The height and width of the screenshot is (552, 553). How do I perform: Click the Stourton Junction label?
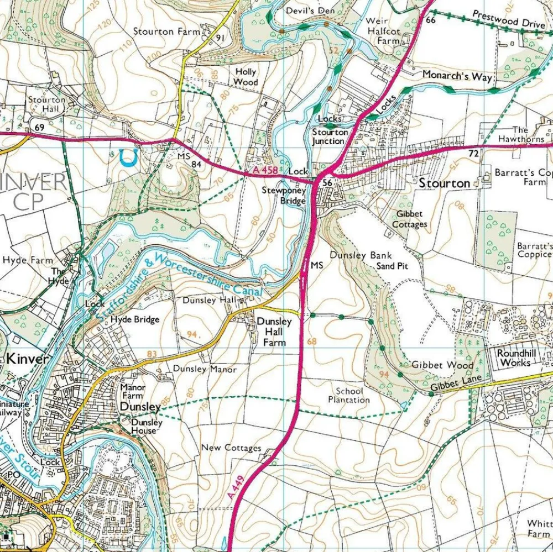(x=330, y=136)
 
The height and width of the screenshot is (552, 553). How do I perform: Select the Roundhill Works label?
(x=513, y=358)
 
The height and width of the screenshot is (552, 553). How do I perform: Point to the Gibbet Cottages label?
(x=410, y=219)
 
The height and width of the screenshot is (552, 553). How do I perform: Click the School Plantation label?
(x=348, y=395)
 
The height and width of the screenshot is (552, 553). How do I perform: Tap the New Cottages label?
(x=231, y=448)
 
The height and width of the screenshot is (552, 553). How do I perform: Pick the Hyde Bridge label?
(x=134, y=319)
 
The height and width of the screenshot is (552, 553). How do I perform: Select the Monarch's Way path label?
(x=457, y=76)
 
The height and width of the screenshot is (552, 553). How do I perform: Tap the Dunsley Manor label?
(x=205, y=369)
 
